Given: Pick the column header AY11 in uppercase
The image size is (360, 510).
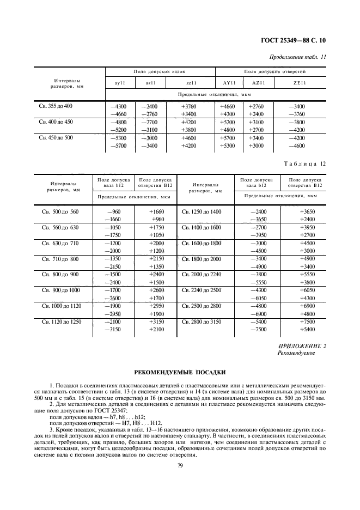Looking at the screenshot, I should click(x=228, y=83).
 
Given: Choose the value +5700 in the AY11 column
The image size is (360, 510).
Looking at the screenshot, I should click(x=228, y=139).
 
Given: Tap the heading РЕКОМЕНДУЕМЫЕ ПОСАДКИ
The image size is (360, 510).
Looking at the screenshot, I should click(x=179, y=373).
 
